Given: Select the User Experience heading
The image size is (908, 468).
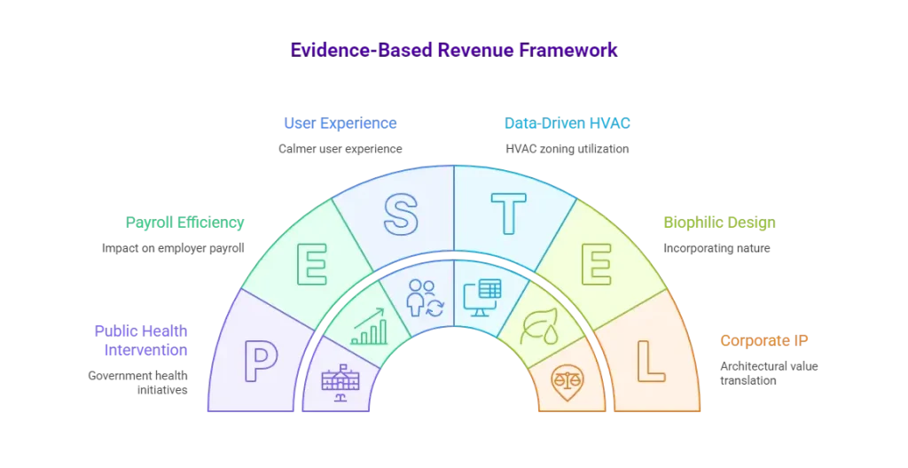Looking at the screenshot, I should [340, 122].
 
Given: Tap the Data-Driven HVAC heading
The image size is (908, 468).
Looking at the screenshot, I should [567, 122].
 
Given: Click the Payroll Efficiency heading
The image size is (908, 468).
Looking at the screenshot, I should [184, 222].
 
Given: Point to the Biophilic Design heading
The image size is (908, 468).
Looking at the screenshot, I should [719, 222].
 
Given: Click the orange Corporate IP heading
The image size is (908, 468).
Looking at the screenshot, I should [765, 339].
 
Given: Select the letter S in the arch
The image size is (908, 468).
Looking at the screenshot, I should [400, 214].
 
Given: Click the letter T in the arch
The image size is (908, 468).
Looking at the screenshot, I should [509, 214].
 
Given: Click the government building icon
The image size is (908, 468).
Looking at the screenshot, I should [341, 382].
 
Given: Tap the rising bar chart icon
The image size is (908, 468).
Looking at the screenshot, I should [368, 326].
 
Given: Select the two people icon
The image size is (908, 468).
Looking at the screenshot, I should [421, 297].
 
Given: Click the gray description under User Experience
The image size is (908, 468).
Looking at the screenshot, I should [340, 149].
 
